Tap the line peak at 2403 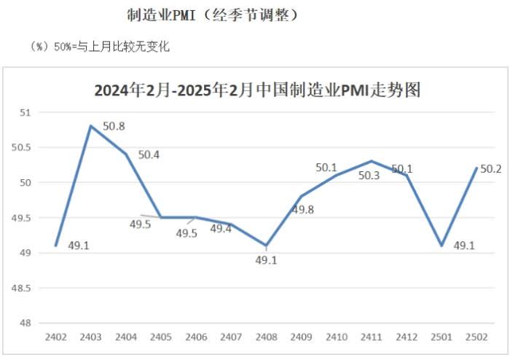[90, 126]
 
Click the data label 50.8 [114, 126]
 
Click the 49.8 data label [302, 210]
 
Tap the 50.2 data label [492, 169]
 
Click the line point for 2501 [442, 246]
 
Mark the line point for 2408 [267, 246]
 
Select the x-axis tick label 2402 [55, 337]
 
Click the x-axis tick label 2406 [196, 337]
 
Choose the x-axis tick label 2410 [337, 337]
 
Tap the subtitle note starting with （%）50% [101, 47]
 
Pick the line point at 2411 [372, 161]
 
